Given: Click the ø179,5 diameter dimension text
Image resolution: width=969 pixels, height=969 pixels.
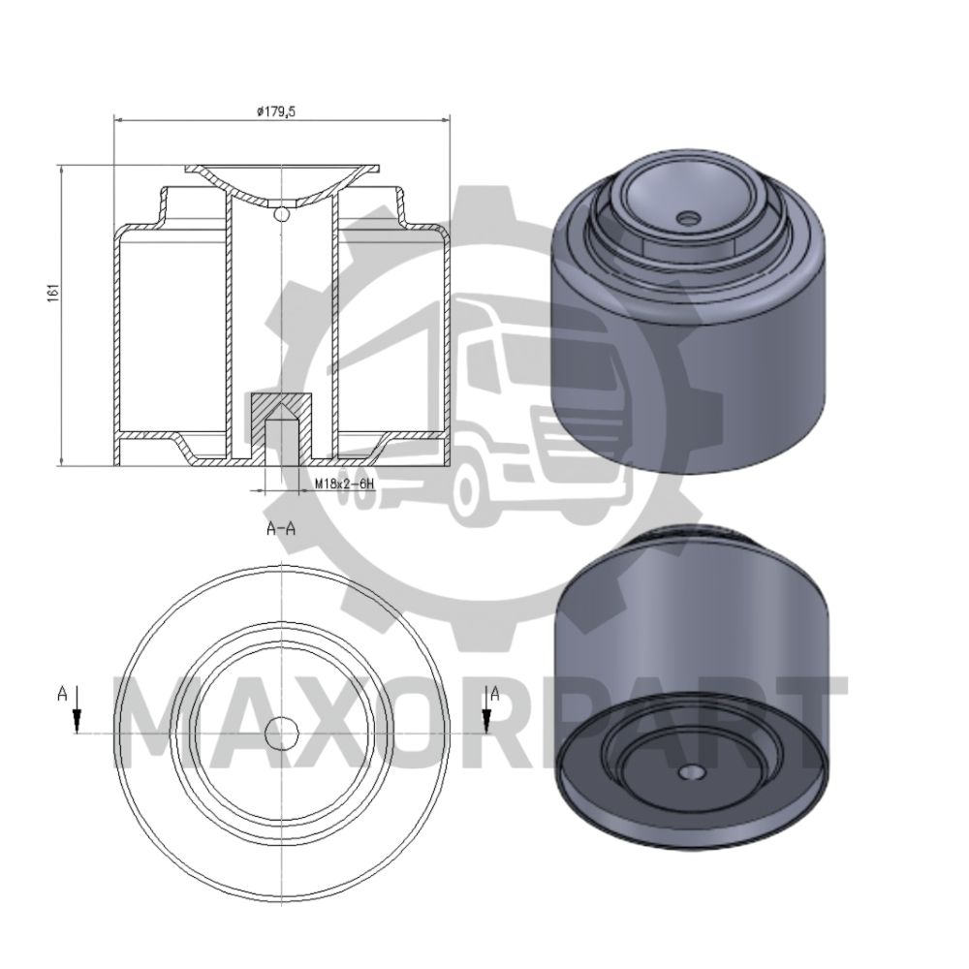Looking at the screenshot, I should point(275,111).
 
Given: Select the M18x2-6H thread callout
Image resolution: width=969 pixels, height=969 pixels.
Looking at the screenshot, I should point(344,482).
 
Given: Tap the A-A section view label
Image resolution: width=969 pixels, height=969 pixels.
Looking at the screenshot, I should point(280,529).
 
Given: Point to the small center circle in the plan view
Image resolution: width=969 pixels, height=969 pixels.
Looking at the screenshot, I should point(282,734).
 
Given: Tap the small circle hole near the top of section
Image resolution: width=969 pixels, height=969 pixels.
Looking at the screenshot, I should point(281,213).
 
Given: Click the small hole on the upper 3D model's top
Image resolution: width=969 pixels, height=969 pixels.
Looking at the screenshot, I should point(689,219).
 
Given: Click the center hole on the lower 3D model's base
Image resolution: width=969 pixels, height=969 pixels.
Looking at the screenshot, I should point(691,772).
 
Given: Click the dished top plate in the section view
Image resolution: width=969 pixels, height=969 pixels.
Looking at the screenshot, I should point(281,189).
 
